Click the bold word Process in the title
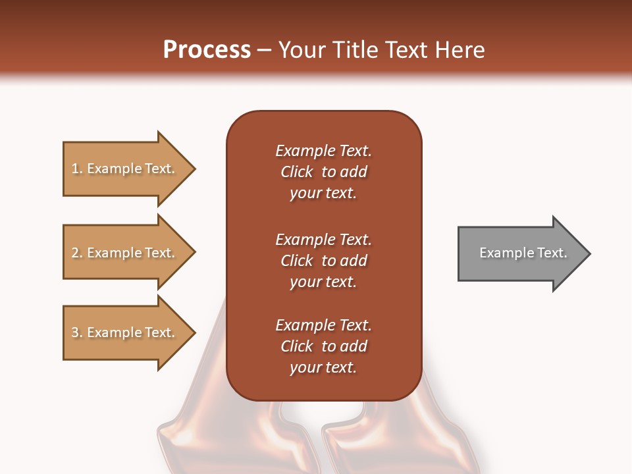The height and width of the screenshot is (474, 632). point(207,50)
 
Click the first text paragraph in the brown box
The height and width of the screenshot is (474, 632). point(323,172)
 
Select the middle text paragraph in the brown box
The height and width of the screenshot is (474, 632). point(323,261)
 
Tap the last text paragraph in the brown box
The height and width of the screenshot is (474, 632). point(323,346)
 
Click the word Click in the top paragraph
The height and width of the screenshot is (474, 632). point(296,172)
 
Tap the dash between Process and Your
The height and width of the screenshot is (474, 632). point(264,50)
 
